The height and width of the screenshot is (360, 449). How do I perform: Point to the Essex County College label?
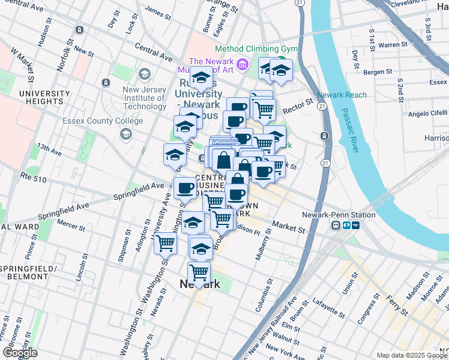[103, 121]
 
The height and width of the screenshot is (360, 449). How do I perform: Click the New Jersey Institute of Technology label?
[144, 98]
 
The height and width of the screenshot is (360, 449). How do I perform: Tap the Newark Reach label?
[342, 95]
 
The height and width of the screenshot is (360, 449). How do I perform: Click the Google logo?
[20, 353]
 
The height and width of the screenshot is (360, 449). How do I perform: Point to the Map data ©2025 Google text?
[411, 355]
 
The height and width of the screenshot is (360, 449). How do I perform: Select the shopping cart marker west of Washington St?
[165, 244]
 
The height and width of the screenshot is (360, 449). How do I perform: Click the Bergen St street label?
[378, 72]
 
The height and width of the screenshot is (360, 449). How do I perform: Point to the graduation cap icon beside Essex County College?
[125, 134]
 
